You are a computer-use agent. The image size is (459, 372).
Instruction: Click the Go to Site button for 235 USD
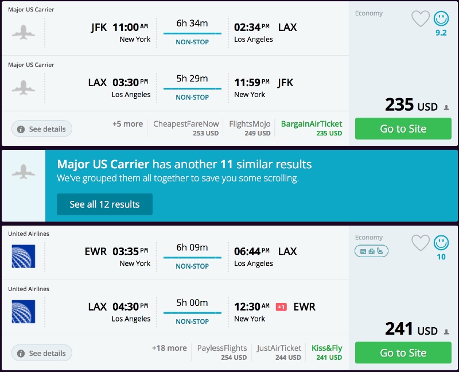(x=403, y=129)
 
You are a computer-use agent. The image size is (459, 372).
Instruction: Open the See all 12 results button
(x=104, y=204)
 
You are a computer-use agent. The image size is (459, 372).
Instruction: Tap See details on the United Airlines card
(x=42, y=353)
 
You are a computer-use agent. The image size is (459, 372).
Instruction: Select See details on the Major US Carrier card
(x=42, y=129)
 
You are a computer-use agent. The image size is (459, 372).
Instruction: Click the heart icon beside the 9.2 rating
(x=421, y=19)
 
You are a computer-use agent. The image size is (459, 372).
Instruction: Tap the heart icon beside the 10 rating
(x=421, y=243)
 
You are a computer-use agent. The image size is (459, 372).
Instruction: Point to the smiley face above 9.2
(x=441, y=19)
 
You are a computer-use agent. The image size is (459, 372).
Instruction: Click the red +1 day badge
(x=281, y=307)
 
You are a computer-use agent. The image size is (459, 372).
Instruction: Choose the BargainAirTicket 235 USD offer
(x=311, y=128)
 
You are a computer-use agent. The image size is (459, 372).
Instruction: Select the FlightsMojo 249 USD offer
(x=250, y=128)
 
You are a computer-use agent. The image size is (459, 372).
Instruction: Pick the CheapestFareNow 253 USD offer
(x=186, y=128)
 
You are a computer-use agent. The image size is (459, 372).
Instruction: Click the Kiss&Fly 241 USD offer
(x=326, y=352)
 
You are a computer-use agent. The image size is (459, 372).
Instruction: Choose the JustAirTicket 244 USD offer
(x=279, y=352)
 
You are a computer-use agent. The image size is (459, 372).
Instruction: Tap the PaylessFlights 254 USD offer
(x=221, y=352)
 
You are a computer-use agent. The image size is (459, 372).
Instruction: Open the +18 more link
(x=169, y=348)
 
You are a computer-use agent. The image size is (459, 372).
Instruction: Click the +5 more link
(x=127, y=124)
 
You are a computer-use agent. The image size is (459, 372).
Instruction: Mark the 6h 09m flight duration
(x=192, y=247)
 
